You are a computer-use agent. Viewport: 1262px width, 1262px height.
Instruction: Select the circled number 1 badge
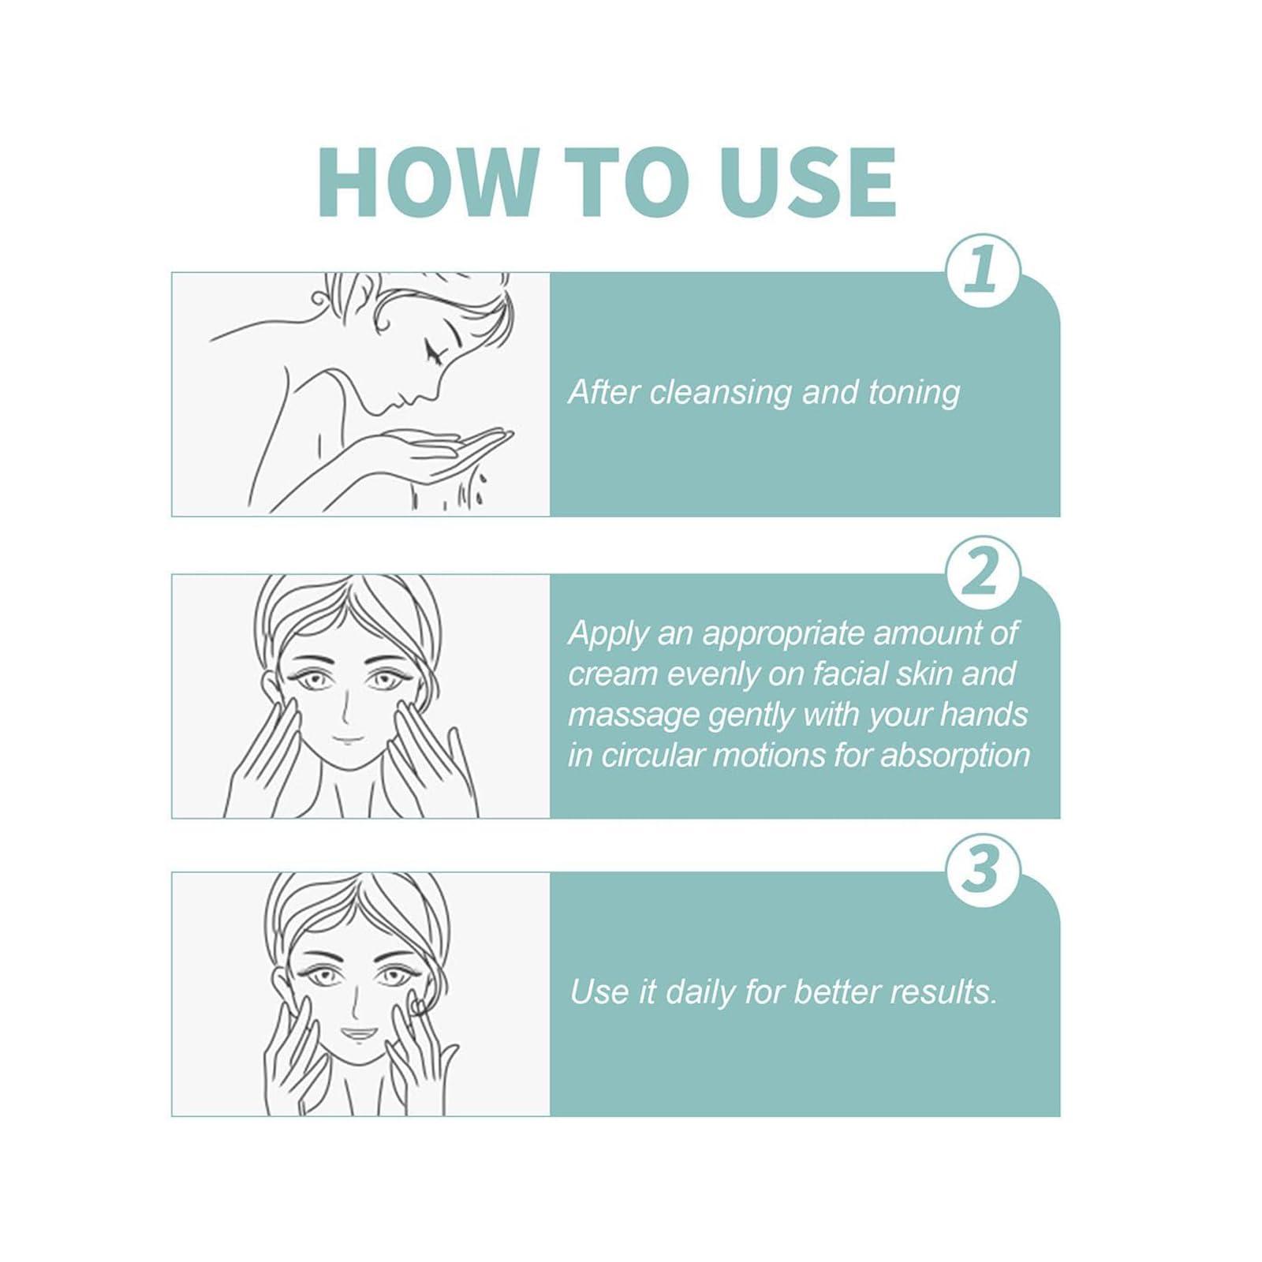point(983,271)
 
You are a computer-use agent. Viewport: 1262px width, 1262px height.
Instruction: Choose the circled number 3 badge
point(983,870)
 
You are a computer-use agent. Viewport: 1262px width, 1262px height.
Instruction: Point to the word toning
point(914,394)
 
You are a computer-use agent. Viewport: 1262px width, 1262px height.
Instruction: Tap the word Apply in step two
point(607,635)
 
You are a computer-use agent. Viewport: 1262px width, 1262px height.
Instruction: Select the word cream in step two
point(613,675)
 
